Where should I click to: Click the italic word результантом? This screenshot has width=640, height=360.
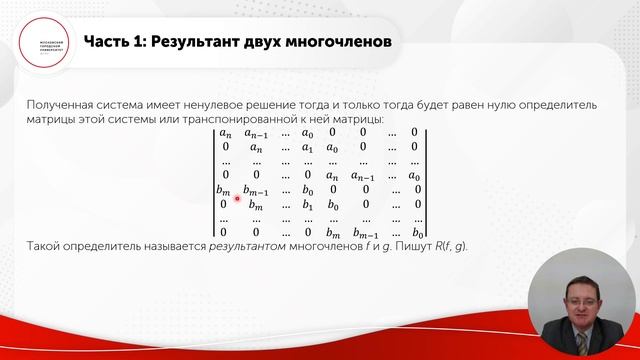[x=255, y=246]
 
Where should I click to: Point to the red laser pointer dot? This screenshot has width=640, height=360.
[x=237, y=198]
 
